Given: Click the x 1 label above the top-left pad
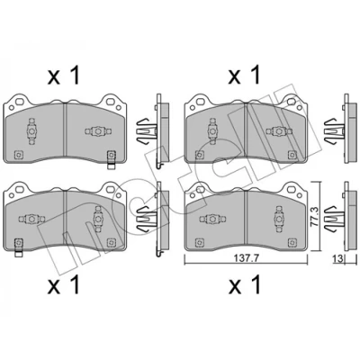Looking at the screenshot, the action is tap(64, 76).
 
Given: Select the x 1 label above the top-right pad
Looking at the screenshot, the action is tap(245, 76).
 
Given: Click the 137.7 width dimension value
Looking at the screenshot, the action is tap(247, 258).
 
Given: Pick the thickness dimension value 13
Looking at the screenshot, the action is tap(337, 259).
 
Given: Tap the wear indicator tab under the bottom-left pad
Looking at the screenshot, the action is tap(19, 253).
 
